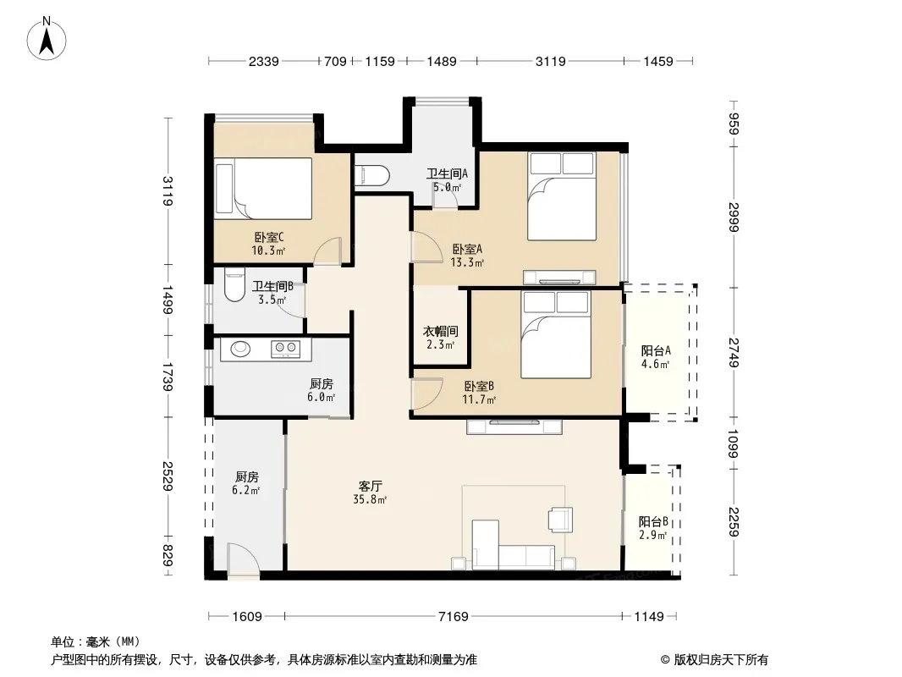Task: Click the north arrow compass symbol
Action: pos(47,39)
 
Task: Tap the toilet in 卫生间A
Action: pos(371,175)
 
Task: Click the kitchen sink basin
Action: pos(240,348)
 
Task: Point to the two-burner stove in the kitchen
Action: pos(285,348)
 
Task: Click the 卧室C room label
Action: pos(269,237)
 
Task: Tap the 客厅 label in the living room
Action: pos(370,487)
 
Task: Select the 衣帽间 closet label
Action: pos(441,332)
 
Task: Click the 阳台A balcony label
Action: pos(656,350)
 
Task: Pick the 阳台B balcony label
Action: pos(653,521)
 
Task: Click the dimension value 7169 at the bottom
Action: pos(454,617)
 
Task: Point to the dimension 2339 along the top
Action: pos(263,61)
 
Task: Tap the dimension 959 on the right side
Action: pos(734,124)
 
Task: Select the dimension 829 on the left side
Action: pos(167,555)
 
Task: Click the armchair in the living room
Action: pos(560,520)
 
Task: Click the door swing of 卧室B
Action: pos(426,393)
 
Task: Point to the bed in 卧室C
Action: pos(263,188)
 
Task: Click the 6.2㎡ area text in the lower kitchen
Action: pos(245,490)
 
